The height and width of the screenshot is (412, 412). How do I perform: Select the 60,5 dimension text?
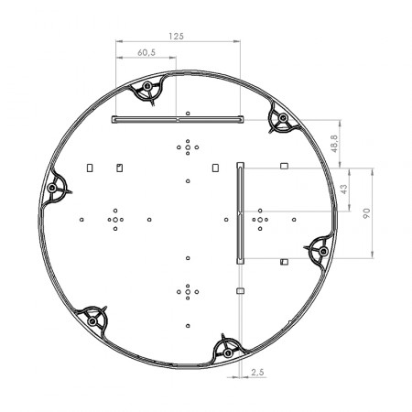145,53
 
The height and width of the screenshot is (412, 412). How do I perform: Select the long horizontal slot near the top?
177,119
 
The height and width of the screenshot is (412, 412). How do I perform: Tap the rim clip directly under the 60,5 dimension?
146,92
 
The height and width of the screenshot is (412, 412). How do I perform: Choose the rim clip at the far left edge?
58,190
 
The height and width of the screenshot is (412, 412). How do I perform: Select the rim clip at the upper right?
280,120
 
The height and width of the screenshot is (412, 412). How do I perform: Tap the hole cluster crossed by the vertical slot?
261,219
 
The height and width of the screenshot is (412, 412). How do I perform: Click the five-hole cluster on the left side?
115,219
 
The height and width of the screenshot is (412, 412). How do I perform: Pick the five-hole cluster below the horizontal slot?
187,146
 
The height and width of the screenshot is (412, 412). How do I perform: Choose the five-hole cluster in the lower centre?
187,291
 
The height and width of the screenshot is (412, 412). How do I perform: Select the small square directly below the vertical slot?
240,290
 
